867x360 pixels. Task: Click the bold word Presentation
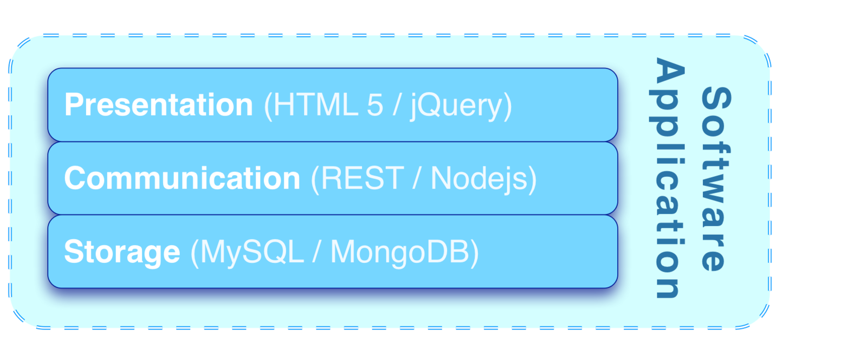pyautogui.click(x=158, y=105)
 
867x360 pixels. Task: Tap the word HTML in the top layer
pyautogui.click(x=315, y=105)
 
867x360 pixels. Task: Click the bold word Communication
pyautogui.click(x=182, y=178)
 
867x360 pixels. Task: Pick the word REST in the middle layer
pyautogui.click(x=362, y=178)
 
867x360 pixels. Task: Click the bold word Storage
pyautogui.click(x=122, y=252)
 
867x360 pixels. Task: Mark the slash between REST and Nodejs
pyautogui.click(x=416, y=178)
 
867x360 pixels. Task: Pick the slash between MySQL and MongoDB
pyautogui.click(x=317, y=252)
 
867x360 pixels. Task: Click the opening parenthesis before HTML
pyautogui.click(x=268, y=105)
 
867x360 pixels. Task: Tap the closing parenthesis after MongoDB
pyautogui.click(x=474, y=253)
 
